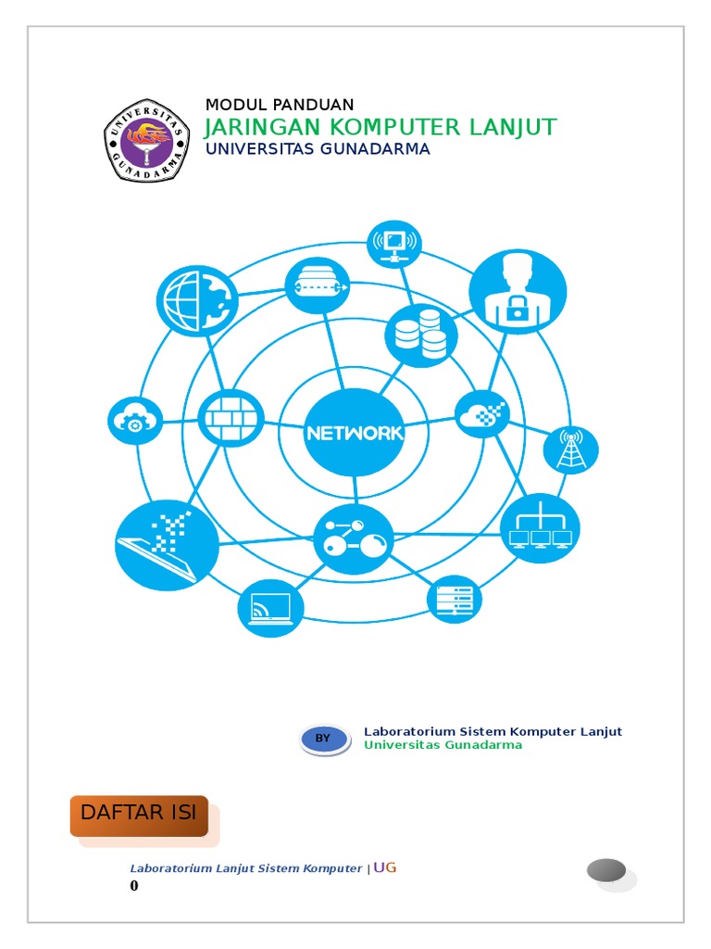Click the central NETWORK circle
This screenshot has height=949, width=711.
coord(355,432)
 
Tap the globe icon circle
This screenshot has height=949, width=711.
coord(197,300)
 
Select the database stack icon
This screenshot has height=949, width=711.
coord(420,334)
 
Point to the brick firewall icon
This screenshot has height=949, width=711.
coord(231,418)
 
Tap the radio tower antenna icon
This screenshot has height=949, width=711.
coord(570,449)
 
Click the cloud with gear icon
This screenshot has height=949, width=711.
coord(135,422)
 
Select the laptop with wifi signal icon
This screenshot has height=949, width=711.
coord(270,609)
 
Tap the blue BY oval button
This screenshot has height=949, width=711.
coord(324,739)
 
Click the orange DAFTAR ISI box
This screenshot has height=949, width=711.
coord(139,815)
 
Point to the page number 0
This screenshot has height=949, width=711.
coord(134,886)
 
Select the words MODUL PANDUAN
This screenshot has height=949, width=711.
coord(279,105)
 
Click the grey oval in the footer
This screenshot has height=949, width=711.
coord(606,871)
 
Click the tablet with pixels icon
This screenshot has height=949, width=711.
coord(168,545)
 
